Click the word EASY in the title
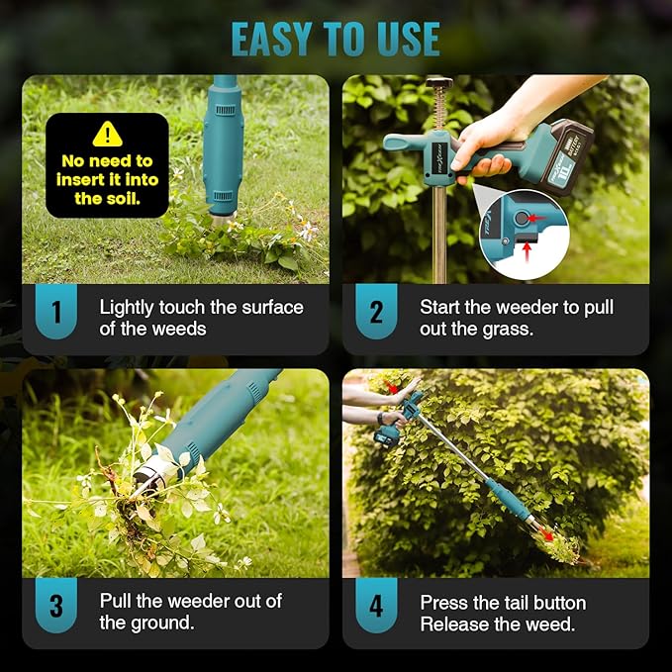(x=272, y=39)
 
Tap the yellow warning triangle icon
(x=107, y=135)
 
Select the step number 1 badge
(x=56, y=311)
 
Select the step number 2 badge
(x=376, y=311)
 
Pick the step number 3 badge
(x=56, y=606)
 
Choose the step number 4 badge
(x=376, y=606)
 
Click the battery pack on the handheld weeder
(x=566, y=157)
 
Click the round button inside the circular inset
(x=522, y=218)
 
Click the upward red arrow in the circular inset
(x=527, y=252)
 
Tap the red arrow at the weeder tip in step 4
(x=545, y=534)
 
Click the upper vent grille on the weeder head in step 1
(x=225, y=111)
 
